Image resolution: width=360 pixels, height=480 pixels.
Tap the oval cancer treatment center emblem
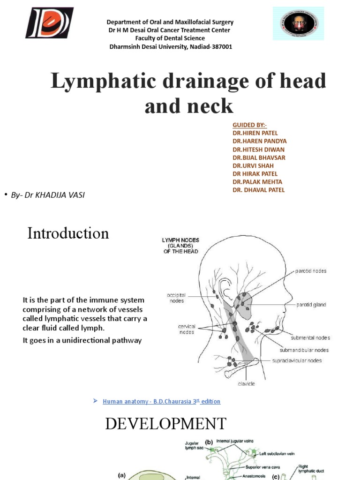pyautogui.click(x=298, y=23)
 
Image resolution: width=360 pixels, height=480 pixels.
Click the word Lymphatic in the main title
pyautogui.click(x=109, y=81)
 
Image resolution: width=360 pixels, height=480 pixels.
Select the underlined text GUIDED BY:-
pyautogui.click(x=249, y=125)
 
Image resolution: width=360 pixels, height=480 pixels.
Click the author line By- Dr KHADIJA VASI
pyautogui.click(x=48, y=195)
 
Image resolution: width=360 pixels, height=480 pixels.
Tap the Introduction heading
pyautogui.click(x=68, y=233)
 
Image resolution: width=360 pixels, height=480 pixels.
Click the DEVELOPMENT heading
pyautogui.click(x=166, y=424)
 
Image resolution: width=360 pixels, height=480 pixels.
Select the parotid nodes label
pyautogui.click(x=311, y=271)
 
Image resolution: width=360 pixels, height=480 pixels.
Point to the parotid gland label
pyautogui.click(x=311, y=305)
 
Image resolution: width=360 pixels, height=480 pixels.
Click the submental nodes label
pyautogui.click(x=310, y=337)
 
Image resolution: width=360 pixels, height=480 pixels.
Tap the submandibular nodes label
pyautogui.click(x=304, y=350)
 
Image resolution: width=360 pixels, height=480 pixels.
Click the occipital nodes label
pyautogui.click(x=176, y=298)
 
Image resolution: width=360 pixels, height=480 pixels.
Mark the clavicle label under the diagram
pyautogui.click(x=247, y=383)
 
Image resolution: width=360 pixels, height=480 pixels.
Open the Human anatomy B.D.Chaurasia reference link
pyautogui.click(x=161, y=402)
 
